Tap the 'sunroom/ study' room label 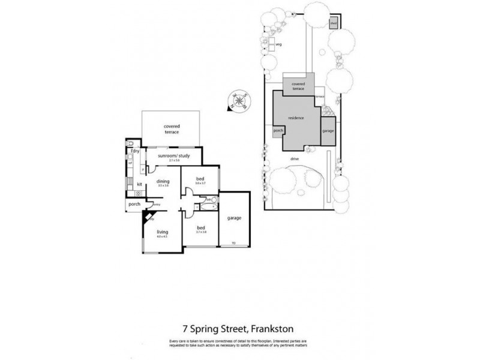click(x=174, y=156)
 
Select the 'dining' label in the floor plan click(x=163, y=181)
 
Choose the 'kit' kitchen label click(x=139, y=184)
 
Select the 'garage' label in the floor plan click(x=235, y=218)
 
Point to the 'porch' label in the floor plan click(x=134, y=205)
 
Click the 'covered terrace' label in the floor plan click(x=172, y=129)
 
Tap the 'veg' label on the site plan click(x=278, y=44)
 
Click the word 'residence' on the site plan click(x=296, y=118)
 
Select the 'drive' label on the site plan click(x=295, y=158)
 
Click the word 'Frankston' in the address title click(x=272, y=329)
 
